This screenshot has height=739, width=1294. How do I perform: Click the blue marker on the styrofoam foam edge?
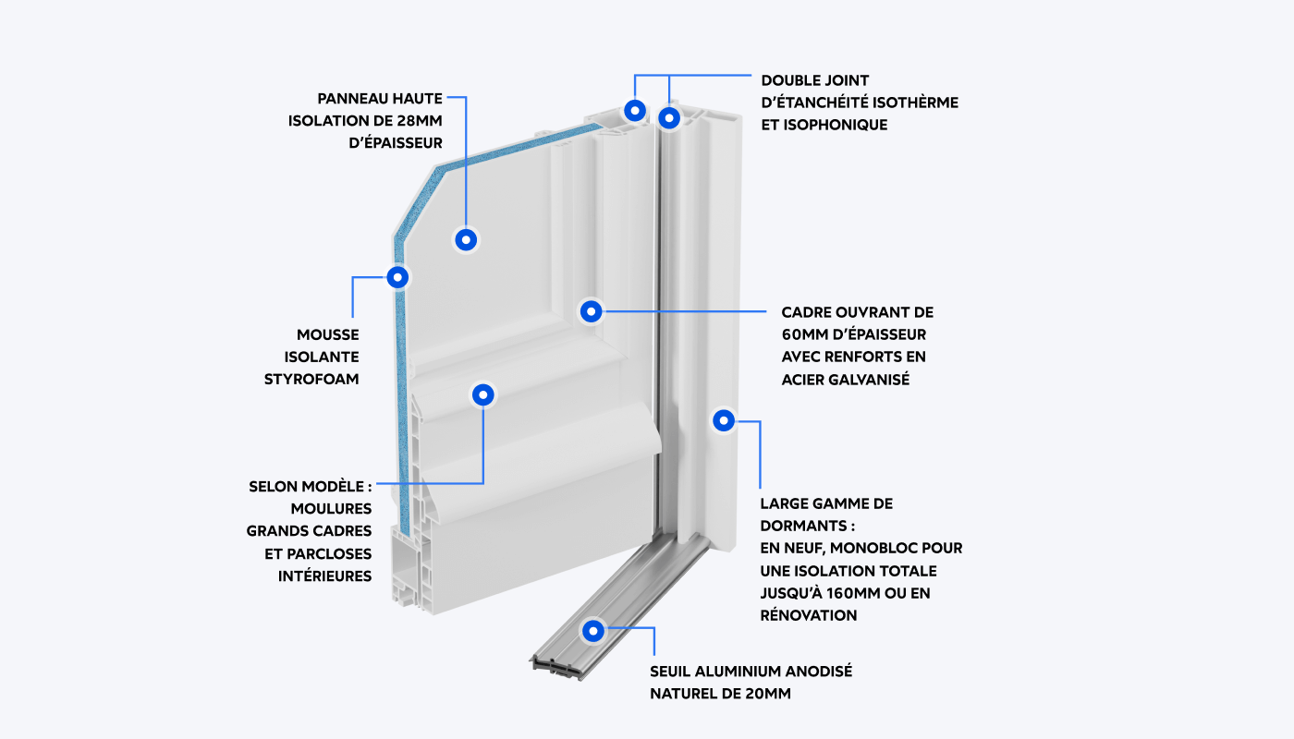[398, 276]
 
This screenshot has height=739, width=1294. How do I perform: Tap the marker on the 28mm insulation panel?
[467, 240]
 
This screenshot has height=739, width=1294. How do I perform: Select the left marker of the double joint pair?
[634, 110]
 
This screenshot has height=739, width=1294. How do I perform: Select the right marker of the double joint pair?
[669, 117]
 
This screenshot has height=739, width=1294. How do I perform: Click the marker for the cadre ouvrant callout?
[592, 311]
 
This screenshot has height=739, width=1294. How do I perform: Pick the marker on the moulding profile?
[482, 395]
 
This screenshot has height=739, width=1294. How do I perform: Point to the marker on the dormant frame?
[724, 420]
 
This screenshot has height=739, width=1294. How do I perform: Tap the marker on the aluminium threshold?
[592, 632]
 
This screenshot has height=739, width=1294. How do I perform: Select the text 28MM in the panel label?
[418, 121]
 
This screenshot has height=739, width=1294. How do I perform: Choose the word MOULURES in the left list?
[331, 509]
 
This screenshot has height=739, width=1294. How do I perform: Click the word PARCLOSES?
[324, 553]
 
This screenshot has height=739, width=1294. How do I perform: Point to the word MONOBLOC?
[847, 548]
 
